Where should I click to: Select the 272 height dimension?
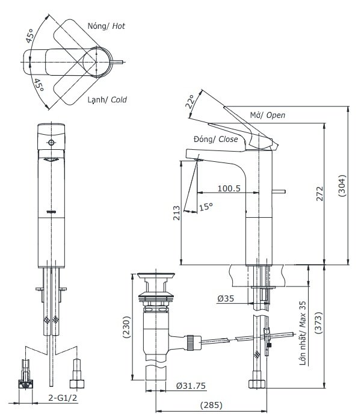[321, 193]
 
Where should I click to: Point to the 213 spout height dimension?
[176, 214]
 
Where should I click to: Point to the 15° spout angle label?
[206, 207]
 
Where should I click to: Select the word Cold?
[119, 99]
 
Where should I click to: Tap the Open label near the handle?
[276, 115]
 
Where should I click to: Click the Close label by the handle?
[229, 140]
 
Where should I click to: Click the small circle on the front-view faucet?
[51, 143]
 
